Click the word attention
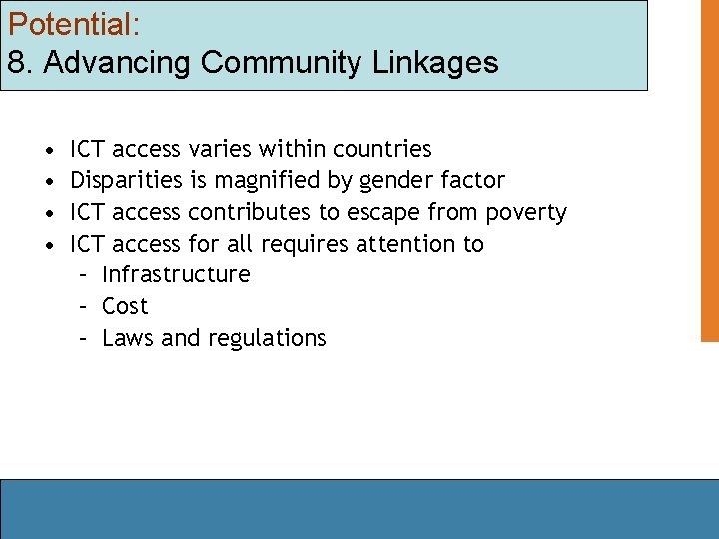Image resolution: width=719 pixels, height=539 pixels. pyautogui.click(x=409, y=244)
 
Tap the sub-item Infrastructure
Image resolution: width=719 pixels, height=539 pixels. pyautogui.click(x=176, y=274)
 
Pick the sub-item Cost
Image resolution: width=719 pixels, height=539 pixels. pyautogui.click(x=125, y=306)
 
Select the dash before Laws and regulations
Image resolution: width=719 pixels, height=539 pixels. pyautogui.click(x=86, y=338)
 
